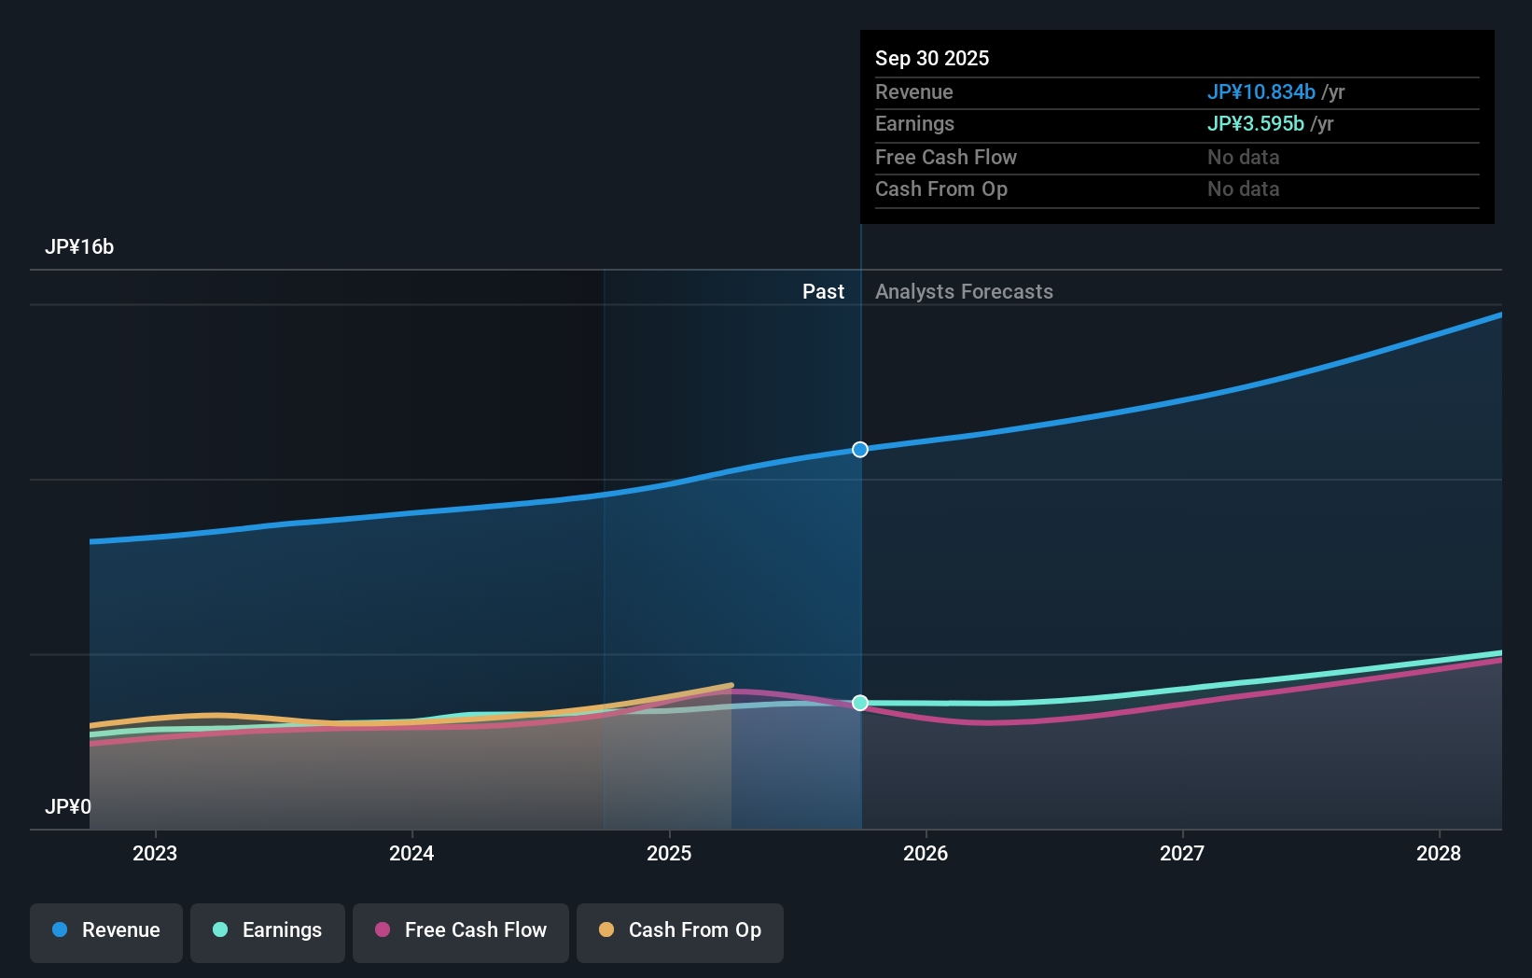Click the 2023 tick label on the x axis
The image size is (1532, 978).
coord(155,853)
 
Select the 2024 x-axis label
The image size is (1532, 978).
coord(411,853)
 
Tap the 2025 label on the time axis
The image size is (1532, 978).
coord(669,853)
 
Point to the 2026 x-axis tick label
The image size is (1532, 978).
coord(926,853)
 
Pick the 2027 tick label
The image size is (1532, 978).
coord(1182,853)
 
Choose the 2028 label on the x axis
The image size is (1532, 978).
coord(1439,853)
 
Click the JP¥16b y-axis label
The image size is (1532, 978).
coord(79,247)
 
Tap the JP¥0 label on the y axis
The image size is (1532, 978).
coord(68,806)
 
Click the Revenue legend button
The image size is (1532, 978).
coord(106,930)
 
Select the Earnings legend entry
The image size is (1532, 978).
coord(268,930)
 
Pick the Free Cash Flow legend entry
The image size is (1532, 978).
coord(461,930)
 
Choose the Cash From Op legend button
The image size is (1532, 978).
coord(680,930)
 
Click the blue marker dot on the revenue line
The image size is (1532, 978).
coord(860,450)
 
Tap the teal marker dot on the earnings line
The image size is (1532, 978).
coord(860,703)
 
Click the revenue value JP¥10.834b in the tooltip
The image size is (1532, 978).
coord(1260,92)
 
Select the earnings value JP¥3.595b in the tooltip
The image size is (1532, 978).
coord(1255,124)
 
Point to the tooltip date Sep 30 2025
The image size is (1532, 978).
coord(932,59)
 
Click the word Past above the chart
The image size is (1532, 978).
coord(823,292)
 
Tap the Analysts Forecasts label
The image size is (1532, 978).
coord(964,292)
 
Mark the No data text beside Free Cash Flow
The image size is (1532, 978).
coord(1243,158)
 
